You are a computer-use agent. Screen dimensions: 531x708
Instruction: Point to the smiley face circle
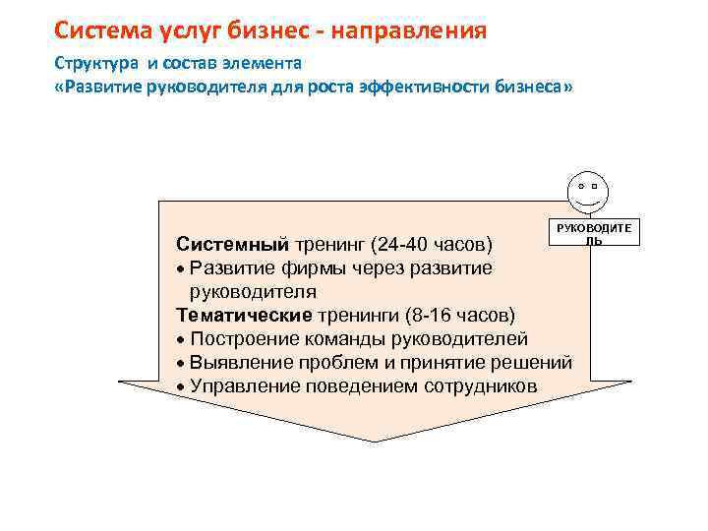click(587, 190)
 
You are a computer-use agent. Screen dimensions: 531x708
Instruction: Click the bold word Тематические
click(243, 315)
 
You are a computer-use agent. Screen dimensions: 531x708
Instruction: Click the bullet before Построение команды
click(182, 339)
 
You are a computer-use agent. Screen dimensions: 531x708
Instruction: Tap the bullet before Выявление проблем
click(182, 363)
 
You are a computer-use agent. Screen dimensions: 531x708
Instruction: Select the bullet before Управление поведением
click(182, 386)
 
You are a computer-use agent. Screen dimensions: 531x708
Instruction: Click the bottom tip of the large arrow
click(376, 441)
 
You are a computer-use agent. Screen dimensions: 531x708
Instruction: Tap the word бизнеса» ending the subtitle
click(535, 87)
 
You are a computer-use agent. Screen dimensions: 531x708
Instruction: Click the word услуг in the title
click(186, 30)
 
